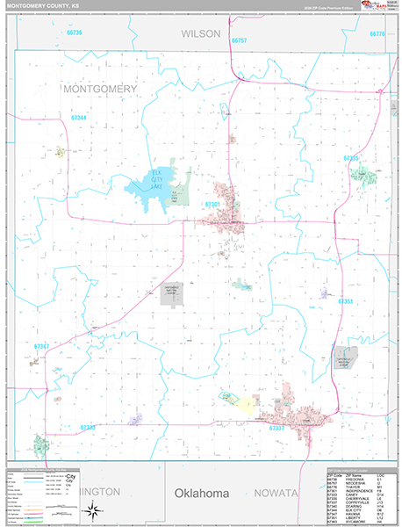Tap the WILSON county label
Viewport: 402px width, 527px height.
pos(201,32)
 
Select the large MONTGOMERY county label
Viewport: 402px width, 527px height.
pos(99,89)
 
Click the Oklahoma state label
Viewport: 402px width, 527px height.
pos(201,494)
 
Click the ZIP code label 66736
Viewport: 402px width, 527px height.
pos(73,32)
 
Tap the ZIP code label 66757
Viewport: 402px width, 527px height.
pos(240,40)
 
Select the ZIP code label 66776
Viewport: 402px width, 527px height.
pos(377,33)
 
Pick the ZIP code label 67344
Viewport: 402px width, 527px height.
pos(79,117)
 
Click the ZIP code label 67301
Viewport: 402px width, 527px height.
pos(212,204)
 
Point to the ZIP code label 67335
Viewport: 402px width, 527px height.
pos(351,157)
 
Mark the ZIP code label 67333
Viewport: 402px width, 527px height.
pos(88,427)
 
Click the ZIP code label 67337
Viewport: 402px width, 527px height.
pos(276,428)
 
